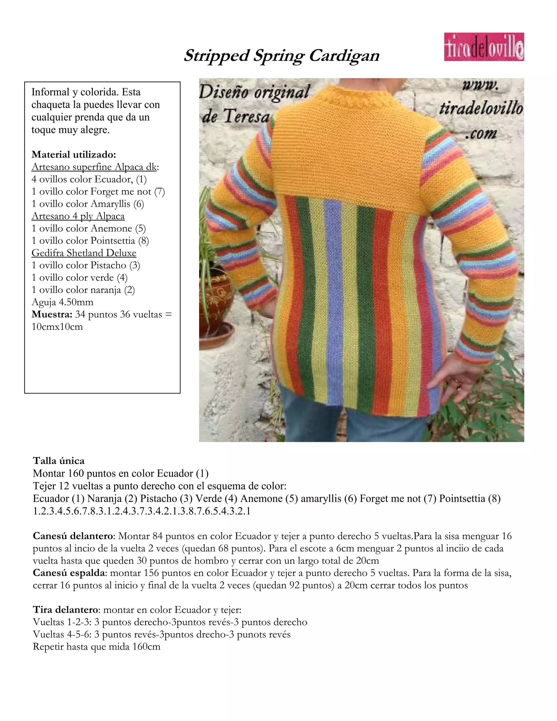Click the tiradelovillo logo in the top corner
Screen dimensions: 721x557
[484, 47]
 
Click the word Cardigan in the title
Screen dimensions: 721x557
[344, 56]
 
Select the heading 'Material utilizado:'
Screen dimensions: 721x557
[74, 154]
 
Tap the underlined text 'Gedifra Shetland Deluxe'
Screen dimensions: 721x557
[84, 253]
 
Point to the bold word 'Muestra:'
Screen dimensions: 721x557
[52, 314]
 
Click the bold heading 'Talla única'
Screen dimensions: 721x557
[59, 461]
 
